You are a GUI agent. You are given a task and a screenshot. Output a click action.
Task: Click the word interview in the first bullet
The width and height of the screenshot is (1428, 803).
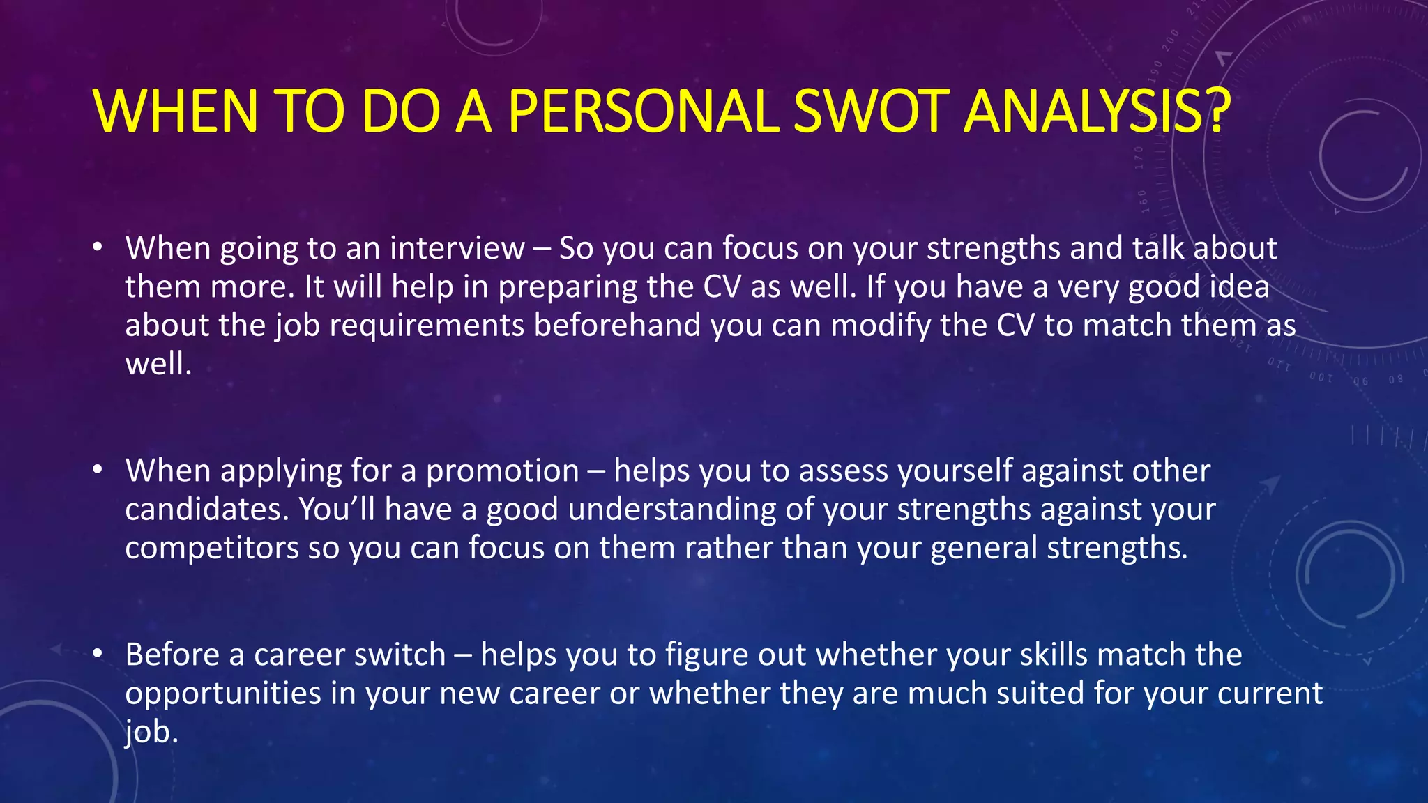click(x=457, y=248)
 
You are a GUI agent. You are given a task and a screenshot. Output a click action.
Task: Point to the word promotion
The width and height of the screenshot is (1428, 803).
click(x=502, y=471)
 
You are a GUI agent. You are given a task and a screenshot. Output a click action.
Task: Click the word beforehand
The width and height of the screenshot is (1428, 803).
click(x=617, y=326)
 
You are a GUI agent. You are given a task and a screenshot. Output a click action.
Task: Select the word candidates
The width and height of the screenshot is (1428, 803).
click(x=206, y=510)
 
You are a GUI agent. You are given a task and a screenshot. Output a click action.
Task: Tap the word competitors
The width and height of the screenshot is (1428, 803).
click(x=212, y=548)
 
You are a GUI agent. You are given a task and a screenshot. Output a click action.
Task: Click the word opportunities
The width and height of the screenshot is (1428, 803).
click(x=223, y=694)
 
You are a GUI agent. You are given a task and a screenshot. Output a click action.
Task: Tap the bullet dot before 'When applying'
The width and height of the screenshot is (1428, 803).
click(x=98, y=470)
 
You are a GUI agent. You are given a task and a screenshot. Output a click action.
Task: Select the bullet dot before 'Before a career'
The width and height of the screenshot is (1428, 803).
click(x=98, y=654)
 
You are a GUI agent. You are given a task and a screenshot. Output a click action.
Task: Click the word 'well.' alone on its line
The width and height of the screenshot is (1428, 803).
click(x=158, y=364)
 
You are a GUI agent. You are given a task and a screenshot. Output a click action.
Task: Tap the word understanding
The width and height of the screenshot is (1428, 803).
click(x=671, y=510)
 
